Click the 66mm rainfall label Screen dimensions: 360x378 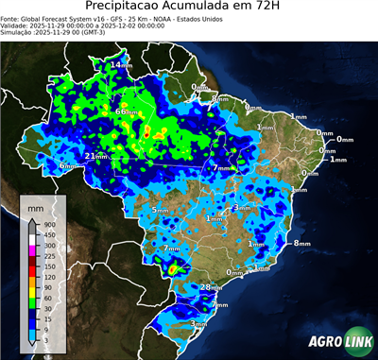[x=125, y=111]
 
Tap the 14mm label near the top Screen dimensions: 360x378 [x=122, y=65]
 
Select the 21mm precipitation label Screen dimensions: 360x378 [x=95, y=156]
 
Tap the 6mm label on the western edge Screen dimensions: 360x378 [x=69, y=166]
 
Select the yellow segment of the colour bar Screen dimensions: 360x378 [x=31, y=292]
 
